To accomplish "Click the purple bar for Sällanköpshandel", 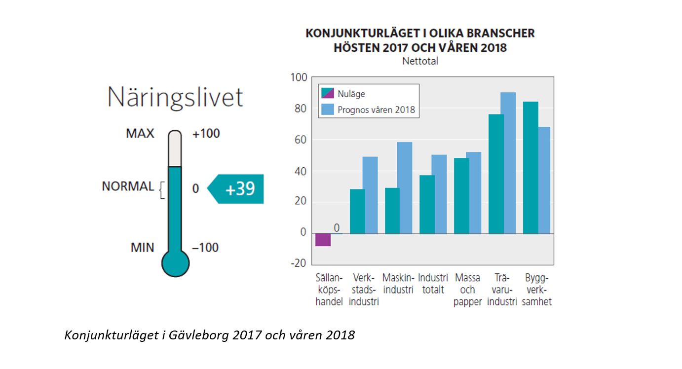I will pyautogui.click(x=323, y=239).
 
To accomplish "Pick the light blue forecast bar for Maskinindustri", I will pyautogui.click(x=405, y=187).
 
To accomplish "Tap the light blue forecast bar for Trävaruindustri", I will pyautogui.click(x=508, y=163).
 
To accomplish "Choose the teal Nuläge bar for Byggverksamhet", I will pyautogui.click(x=530, y=168).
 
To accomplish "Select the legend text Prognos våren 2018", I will pyautogui.click(x=377, y=110).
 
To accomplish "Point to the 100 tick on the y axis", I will pyautogui.click(x=299, y=77).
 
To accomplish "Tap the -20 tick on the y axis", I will pyautogui.click(x=298, y=263).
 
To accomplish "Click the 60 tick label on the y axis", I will pyautogui.click(x=301, y=140).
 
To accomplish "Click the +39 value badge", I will pyautogui.click(x=239, y=189).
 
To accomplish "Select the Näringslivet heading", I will pyautogui.click(x=175, y=97).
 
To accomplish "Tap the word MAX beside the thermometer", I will pyautogui.click(x=140, y=133).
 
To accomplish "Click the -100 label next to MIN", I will pyautogui.click(x=205, y=247).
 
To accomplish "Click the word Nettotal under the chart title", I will pyautogui.click(x=420, y=62).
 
